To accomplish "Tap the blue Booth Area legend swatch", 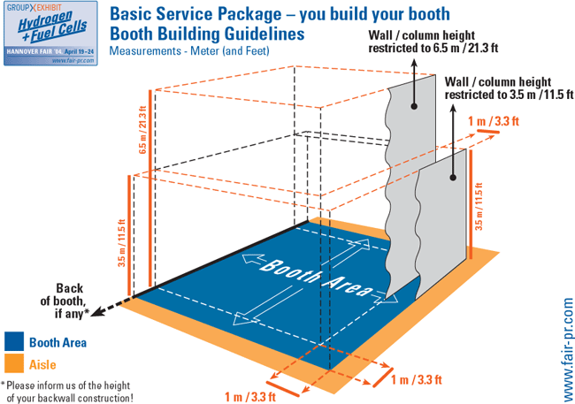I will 13,341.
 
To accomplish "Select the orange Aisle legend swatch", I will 13,363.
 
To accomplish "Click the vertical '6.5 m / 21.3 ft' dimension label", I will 142,129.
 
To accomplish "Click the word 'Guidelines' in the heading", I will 257,34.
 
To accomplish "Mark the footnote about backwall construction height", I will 69,391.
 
